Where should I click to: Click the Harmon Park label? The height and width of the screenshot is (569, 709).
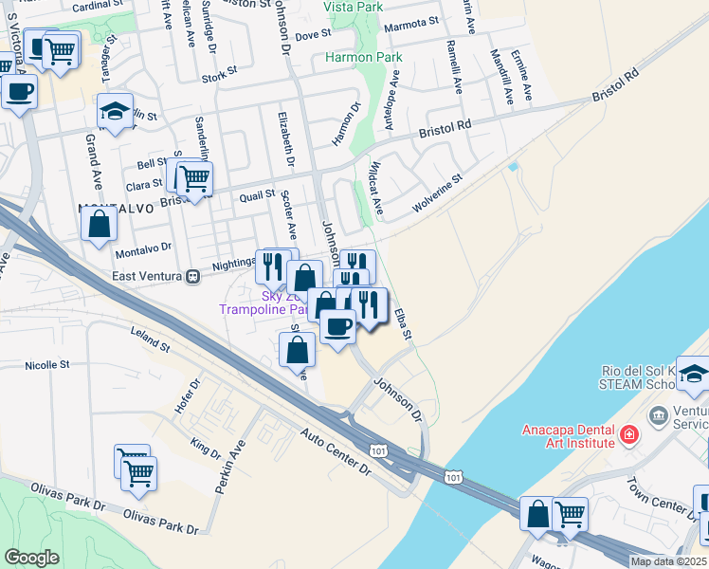tap(364, 57)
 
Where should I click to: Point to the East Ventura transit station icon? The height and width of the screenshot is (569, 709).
tap(192, 276)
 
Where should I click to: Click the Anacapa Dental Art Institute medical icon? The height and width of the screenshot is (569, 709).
tap(627, 435)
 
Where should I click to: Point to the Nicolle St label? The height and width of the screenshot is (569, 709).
tap(47, 364)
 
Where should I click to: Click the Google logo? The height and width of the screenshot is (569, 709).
tap(32, 558)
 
